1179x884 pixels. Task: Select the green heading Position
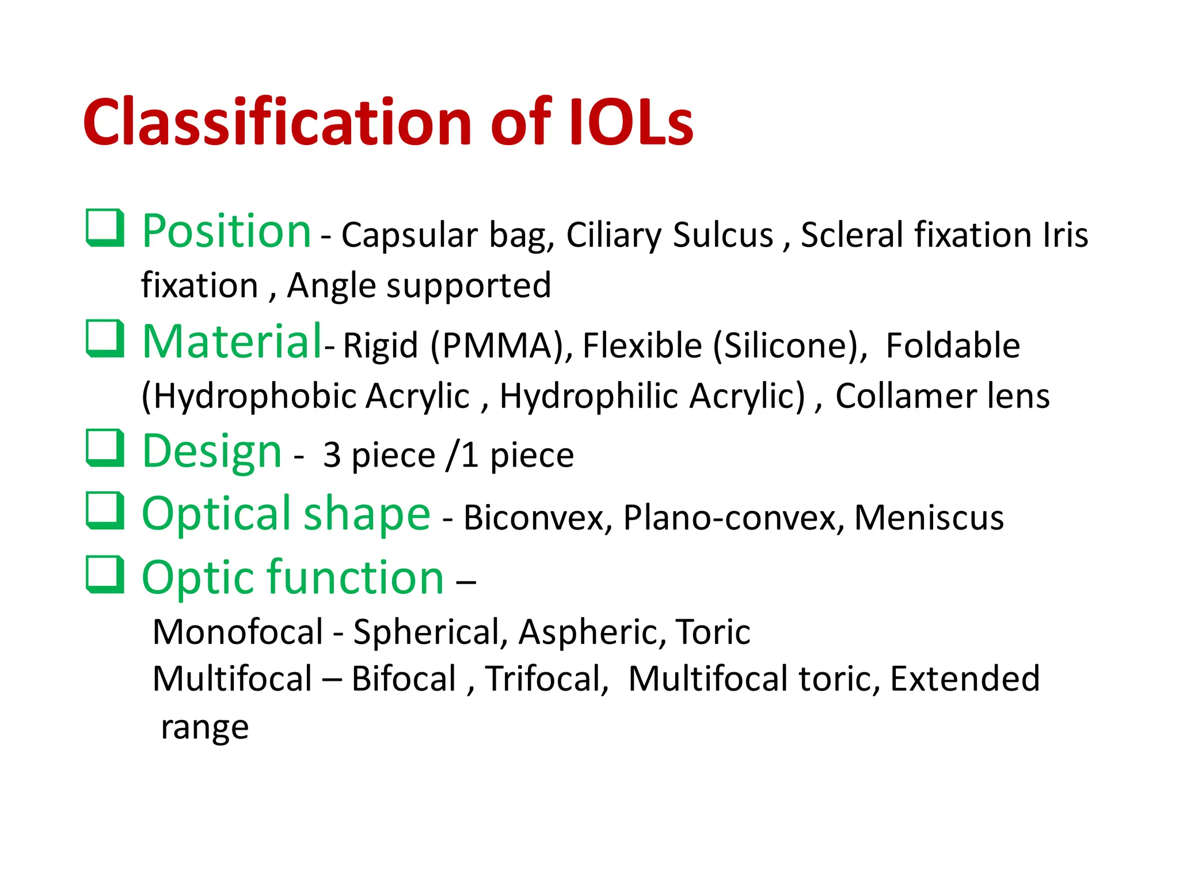tap(226, 231)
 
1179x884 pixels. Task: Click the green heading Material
tap(232, 342)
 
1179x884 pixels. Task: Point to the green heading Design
tap(211, 452)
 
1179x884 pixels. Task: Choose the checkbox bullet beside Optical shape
tap(105, 510)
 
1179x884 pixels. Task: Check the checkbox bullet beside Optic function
tap(105, 574)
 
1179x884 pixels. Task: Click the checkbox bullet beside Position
tap(105, 228)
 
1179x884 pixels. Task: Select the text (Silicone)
tap(790, 346)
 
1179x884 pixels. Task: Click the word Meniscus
tap(929, 518)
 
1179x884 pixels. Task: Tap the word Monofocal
tap(238, 632)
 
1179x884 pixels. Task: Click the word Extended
tap(964, 679)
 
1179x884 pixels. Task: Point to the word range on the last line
tap(204, 728)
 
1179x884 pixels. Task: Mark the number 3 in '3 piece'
tap(332, 456)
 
